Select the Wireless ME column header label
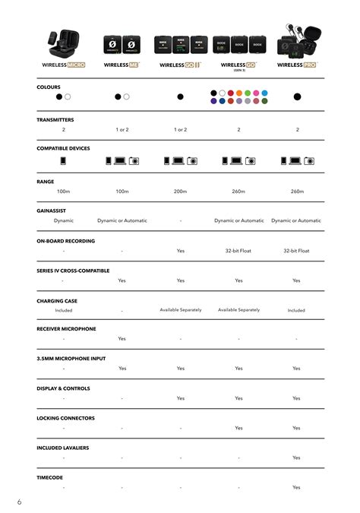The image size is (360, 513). click(122, 65)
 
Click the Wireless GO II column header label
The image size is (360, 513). click(179, 65)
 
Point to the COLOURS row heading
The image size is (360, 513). click(49, 87)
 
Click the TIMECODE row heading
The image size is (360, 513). click(50, 477)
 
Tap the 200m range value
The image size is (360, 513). click(180, 192)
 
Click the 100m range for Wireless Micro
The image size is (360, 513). click(64, 192)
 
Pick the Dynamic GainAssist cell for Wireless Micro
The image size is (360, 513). click(64, 220)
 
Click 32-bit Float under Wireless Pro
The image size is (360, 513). click(296, 250)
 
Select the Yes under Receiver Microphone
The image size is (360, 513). click(122, 339)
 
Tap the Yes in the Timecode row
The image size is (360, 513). click(296, 487)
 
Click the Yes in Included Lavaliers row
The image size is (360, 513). click(296, 458)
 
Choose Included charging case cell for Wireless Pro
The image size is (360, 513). click(296, 310)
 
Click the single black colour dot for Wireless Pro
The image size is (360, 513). click(297, 97)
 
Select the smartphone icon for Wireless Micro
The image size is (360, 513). click(64, 161)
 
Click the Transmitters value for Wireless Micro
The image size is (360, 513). click(64, 130)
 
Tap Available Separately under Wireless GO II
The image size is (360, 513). click(180, 309)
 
